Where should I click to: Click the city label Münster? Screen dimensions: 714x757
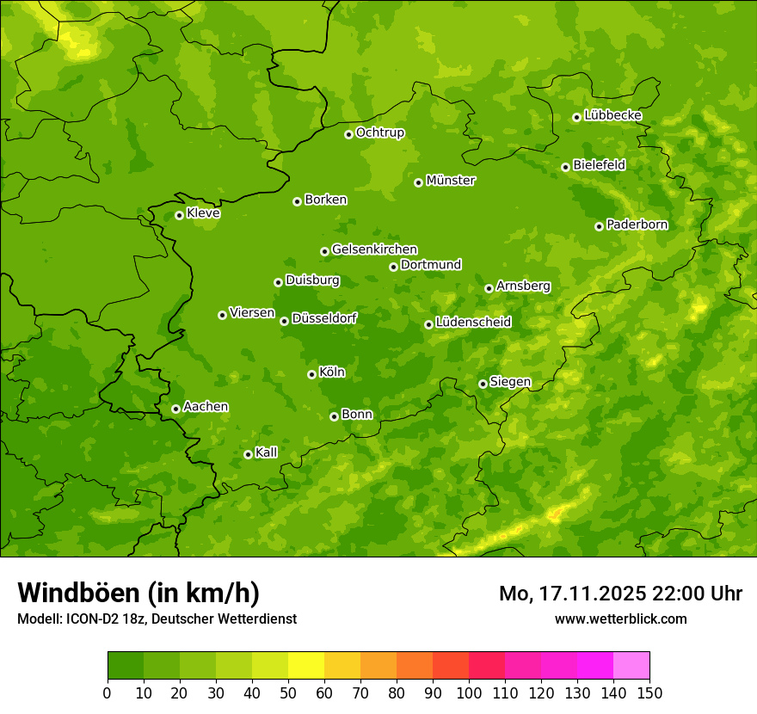451,181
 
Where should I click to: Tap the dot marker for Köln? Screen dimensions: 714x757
311,374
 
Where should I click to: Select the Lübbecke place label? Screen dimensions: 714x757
612,115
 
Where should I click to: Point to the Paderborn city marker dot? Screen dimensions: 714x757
599,226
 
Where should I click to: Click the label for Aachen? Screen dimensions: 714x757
206,407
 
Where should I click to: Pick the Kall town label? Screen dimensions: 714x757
267,452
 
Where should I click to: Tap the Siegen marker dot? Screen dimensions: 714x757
483,384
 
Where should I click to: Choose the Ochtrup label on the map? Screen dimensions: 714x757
379,132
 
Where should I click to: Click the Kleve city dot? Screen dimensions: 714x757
179,215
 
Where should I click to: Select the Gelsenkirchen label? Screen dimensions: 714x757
374,249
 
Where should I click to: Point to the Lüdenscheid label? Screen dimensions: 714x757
473,323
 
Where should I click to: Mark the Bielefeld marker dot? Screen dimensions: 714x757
565,167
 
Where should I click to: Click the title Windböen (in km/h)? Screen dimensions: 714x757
138,593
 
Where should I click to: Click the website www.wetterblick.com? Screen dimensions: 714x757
620,619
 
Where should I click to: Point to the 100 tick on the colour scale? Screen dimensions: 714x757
469,692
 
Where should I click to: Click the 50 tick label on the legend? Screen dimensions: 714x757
288,692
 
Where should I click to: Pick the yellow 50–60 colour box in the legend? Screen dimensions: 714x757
306,666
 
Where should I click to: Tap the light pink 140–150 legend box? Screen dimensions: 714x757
631,666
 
